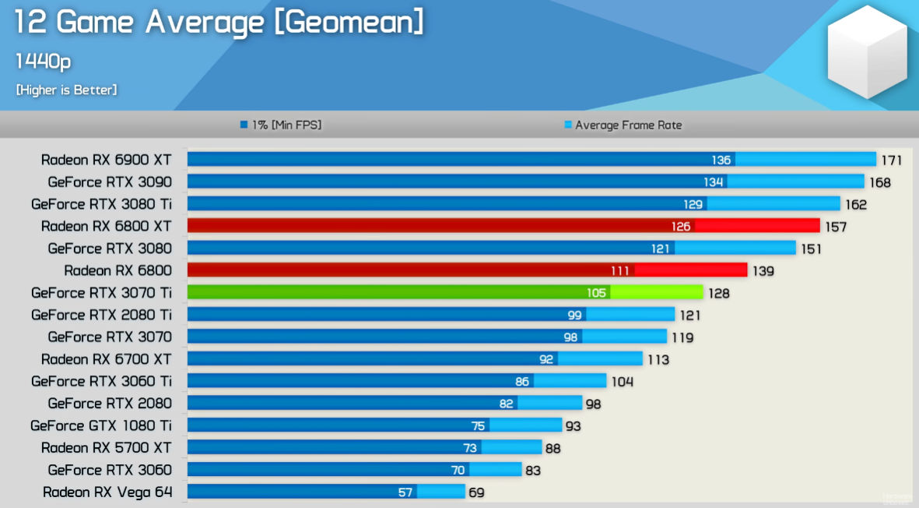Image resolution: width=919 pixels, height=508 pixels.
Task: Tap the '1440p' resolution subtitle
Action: point(44,62)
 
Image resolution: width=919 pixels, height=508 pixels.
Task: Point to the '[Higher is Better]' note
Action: point(66,90)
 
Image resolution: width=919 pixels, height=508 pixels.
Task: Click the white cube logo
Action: point(866,52)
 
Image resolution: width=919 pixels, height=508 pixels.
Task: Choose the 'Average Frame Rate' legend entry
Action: point(627,125)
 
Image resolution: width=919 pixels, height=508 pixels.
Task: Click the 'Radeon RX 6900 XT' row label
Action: point(106,160)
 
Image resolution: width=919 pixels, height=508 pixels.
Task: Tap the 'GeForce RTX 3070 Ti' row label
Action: point(101,293)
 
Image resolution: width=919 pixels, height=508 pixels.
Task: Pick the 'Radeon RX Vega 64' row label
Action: point(107,492)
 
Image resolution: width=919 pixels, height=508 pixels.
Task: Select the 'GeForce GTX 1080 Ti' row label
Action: point(101,425)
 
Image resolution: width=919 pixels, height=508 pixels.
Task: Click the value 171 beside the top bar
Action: point(891,161)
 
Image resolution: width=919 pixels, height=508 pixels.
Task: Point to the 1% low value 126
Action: point(681,227)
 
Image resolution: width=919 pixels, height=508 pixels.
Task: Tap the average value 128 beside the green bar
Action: point(718,294)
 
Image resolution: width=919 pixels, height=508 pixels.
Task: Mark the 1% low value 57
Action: point(405,492)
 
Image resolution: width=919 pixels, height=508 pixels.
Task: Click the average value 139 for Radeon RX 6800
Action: point(763,271)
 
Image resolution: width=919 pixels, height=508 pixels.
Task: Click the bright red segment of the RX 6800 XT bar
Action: point(756,225)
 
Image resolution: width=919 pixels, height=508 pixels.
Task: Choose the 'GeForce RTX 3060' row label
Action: point(110,470)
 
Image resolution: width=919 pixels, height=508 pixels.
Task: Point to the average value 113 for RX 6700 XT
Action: point(658,360)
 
